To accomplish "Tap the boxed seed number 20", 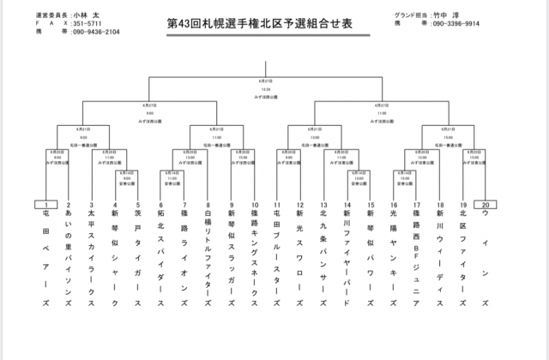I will point(486,205).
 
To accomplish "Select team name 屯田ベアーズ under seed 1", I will point(45,257).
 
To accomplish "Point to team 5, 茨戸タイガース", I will point(138,257).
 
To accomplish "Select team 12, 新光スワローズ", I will point(300,257).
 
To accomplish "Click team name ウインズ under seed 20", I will point(486,257).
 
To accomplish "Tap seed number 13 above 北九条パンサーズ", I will point(323,206).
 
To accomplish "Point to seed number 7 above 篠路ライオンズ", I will point(184,206).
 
